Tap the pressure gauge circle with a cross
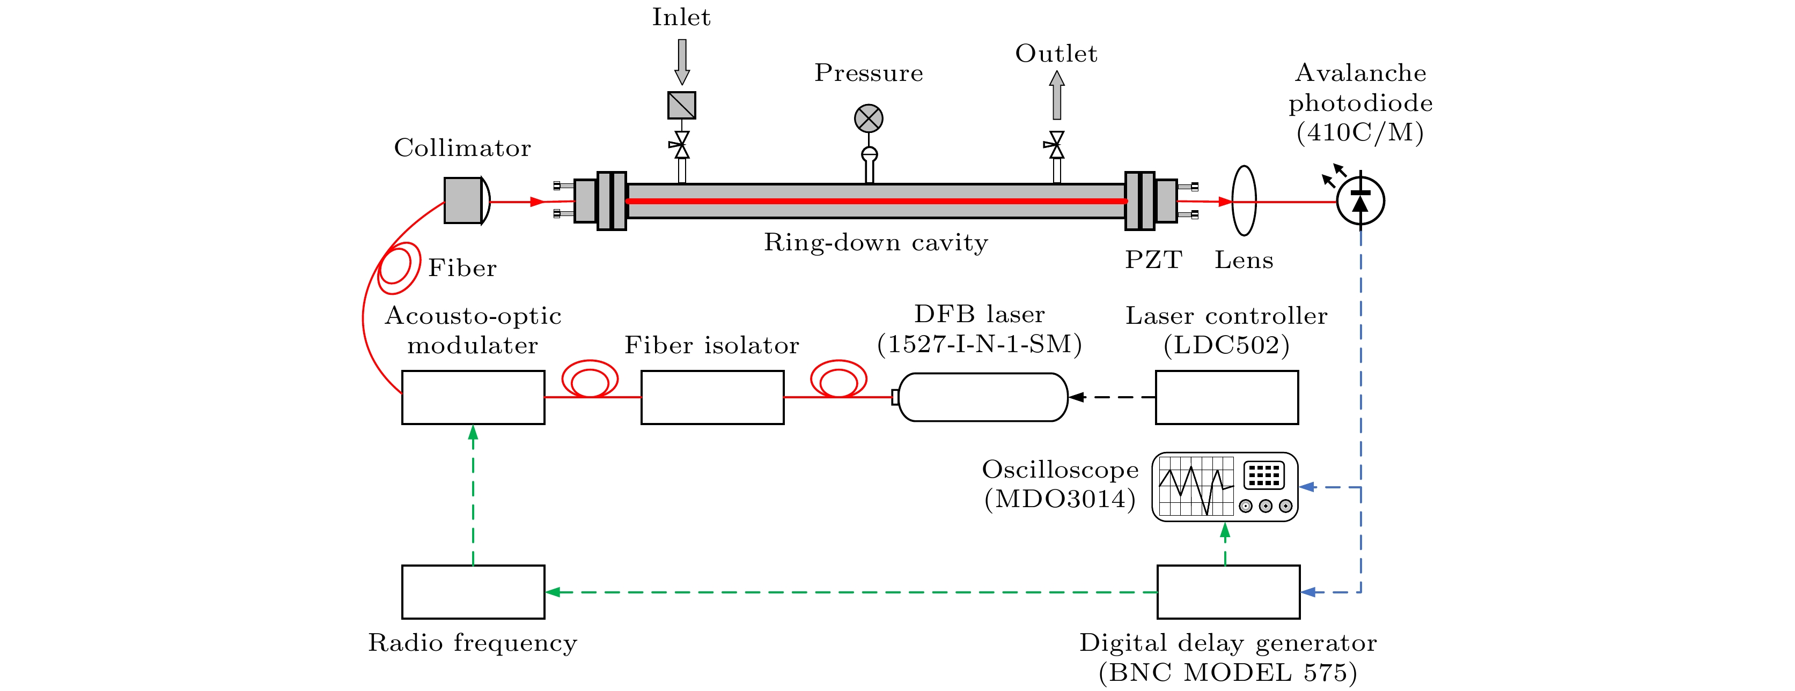868,118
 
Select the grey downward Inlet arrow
681,61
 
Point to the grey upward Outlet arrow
1056,95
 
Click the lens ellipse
1244,200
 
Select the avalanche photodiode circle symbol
1360,202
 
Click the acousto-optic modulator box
473,397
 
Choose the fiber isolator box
712,397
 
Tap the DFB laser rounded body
982,397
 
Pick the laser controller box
1226,397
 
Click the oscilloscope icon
1224,487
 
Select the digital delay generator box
1228,591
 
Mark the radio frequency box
473,591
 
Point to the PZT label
1154,260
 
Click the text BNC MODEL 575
1228,672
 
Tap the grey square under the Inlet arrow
681,105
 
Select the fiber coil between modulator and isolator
590,380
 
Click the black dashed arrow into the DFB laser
1112,397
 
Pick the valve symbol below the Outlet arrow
1056,145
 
